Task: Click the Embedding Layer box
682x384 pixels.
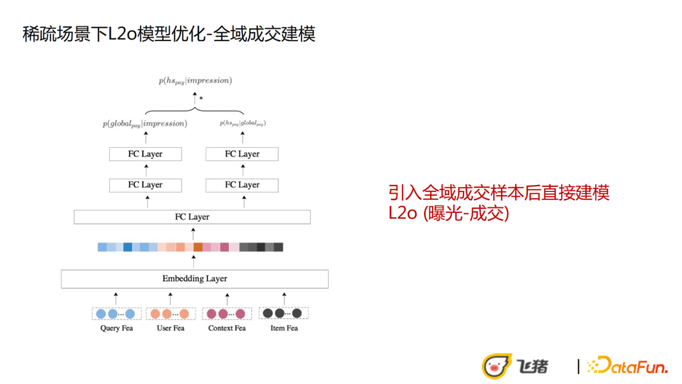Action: click(194, 279)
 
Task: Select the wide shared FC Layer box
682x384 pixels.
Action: click(192, 217)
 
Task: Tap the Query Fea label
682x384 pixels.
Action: click(116, 328)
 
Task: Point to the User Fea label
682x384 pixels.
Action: click(170, 328)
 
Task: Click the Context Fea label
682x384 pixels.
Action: click(227, 328)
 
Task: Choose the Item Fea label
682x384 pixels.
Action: click(284, 328)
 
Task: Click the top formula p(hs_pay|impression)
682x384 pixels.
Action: click(195, 81)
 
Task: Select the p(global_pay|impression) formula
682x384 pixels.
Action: click(145, 124)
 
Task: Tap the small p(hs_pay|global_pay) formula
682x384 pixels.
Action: click(242, 124)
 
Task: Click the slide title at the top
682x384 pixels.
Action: click(169, 33)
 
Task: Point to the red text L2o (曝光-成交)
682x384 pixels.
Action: click(449, 213)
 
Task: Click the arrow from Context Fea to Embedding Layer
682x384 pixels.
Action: click(227, 297)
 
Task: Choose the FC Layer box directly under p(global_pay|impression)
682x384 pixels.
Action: click(145, 154)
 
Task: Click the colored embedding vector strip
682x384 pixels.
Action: click(191, 247)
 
